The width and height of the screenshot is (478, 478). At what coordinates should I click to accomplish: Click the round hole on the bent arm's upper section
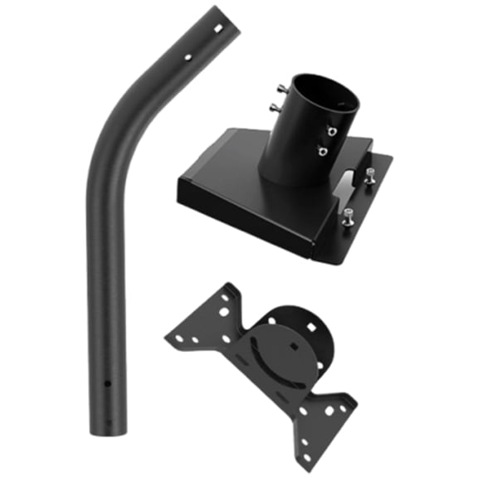[x=188, y=58]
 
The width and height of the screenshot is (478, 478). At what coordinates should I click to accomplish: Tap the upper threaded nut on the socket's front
[x=330, y=131]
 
